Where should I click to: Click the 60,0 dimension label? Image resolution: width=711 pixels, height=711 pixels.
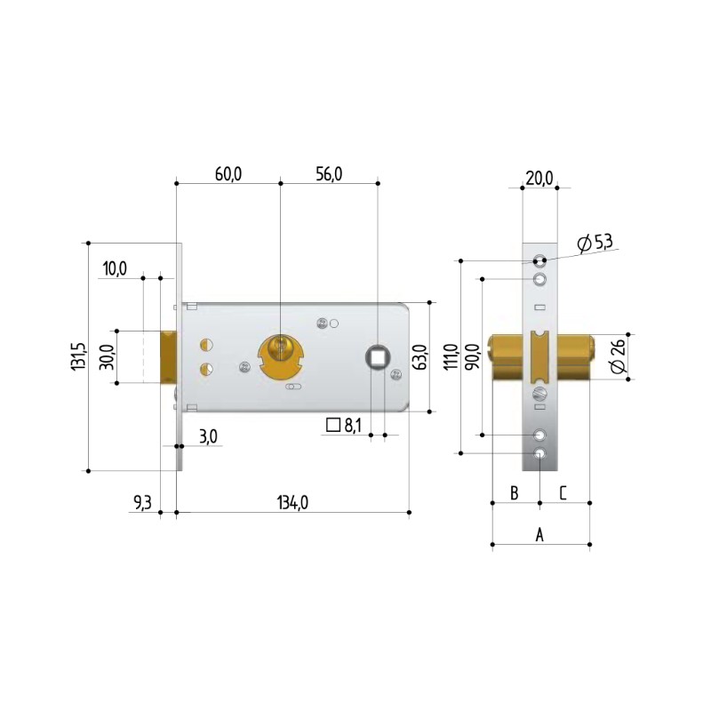228,173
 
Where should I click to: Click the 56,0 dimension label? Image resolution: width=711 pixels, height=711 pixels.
328,173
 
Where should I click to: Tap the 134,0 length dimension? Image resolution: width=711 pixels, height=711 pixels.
292,502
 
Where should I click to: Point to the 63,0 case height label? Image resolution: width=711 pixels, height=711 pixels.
421,356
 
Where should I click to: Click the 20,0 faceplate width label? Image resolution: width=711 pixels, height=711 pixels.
539,179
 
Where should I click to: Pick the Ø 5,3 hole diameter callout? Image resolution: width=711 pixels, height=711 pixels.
595,242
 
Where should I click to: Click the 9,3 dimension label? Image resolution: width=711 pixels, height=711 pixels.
142,503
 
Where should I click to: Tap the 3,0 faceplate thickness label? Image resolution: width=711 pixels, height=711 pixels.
208,435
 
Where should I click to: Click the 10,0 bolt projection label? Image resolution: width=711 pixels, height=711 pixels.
116,268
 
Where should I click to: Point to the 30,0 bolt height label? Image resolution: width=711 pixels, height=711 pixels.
107,357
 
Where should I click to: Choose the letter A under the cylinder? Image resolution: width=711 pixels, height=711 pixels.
539,534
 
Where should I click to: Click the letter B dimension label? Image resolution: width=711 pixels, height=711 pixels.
514,492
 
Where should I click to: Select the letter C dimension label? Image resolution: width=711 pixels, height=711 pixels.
563,492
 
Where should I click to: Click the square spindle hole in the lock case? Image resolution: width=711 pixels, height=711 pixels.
377,355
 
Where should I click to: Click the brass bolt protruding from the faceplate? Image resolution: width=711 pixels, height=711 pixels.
169,357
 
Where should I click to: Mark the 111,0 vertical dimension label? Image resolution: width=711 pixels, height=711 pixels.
451,356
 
